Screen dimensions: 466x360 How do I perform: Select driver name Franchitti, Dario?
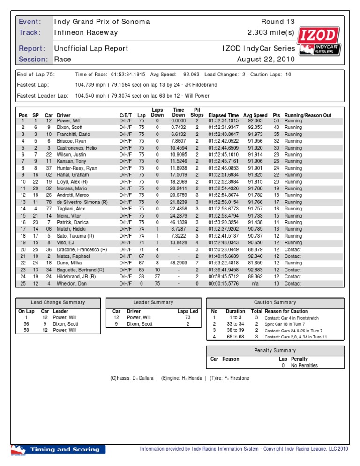[73, 134]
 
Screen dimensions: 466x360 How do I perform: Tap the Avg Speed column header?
[255, 115]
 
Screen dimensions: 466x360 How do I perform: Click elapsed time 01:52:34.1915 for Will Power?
[223, 121]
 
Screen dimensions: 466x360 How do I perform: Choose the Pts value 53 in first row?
[276, 121]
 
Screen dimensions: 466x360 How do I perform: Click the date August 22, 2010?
[266, 60]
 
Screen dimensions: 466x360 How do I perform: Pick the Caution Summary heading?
[275, 302]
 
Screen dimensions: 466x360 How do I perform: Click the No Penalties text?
[304, 365]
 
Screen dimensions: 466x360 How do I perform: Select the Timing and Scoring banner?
[58, 450]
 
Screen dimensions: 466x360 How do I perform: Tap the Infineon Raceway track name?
[86, 33]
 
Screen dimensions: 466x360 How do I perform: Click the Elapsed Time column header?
[224, 115]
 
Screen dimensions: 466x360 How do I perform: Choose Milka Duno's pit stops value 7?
[197, 263]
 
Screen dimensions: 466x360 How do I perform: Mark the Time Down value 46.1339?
[178, 222]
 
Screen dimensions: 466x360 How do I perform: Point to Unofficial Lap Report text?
[91, 48]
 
